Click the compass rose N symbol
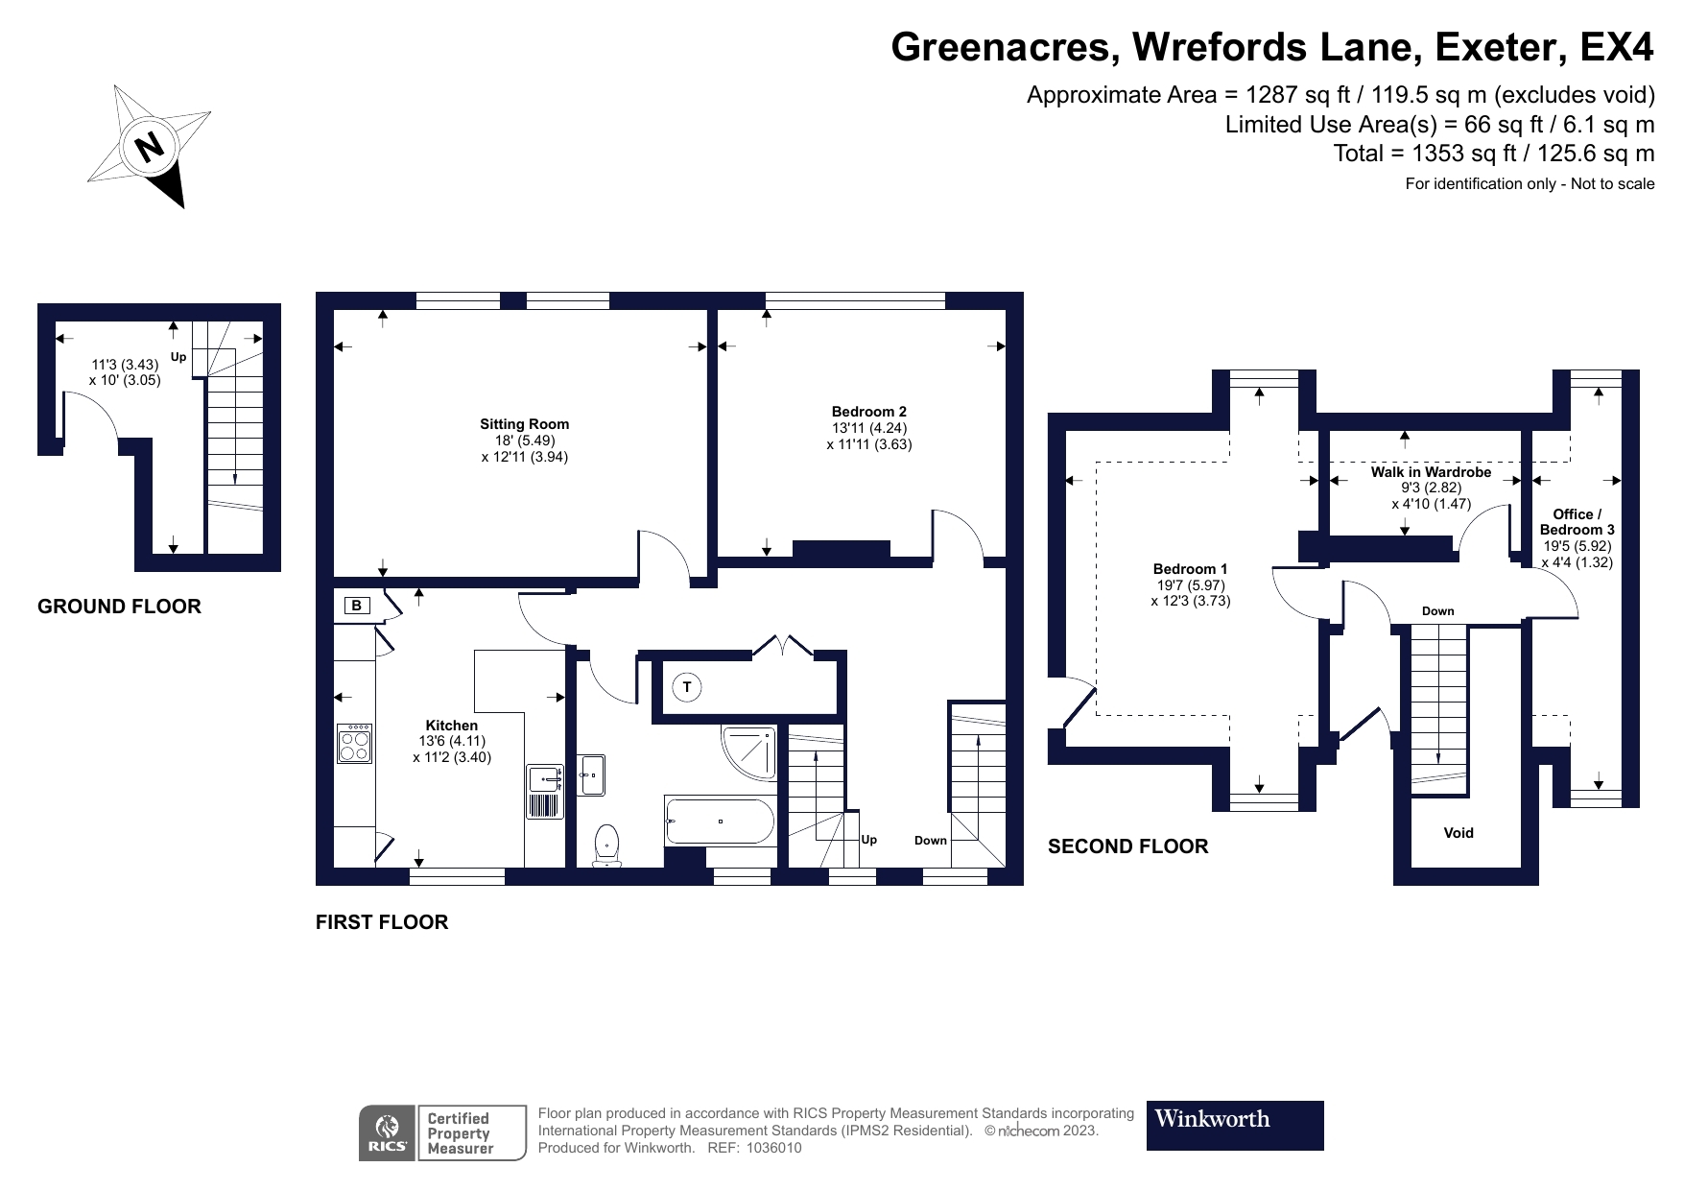pos(149,146)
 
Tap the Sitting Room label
pos(524,424)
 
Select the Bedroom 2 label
pos(868,412)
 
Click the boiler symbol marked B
pos(357,606)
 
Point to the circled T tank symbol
pos(686,687)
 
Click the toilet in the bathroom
pos(607,846)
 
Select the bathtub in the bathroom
pos(720,822)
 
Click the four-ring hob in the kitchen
pos(355,744)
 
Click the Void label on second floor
pos(1458,833)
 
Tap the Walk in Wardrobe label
pos(1431,472)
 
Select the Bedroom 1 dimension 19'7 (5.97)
pos(1190,585)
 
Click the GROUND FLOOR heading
pos(119,607)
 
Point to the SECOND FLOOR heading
pos(1127,846)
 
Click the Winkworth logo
pos(1234,1125)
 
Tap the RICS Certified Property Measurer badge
pos(442,1132)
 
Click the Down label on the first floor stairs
pos(930,841)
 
